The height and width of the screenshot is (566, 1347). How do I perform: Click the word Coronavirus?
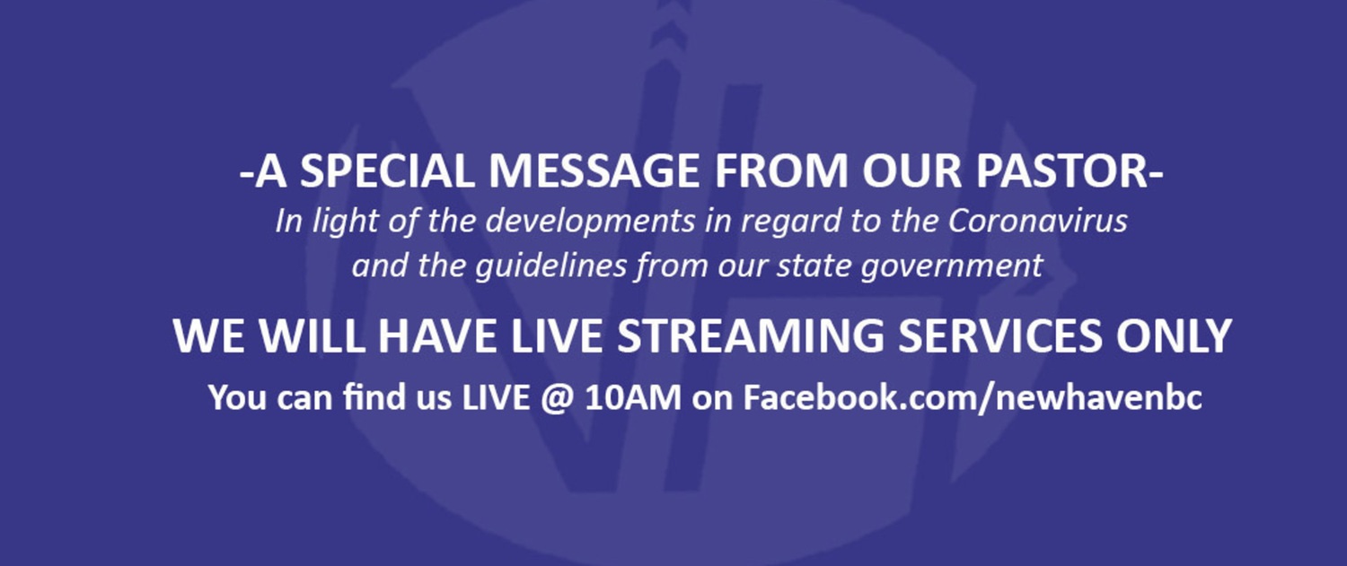coord(1037,221)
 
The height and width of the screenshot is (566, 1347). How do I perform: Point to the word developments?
coord(590,222)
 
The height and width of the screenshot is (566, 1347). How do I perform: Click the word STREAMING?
coord(751,335)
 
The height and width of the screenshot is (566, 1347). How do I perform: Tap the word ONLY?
coord(1174,335)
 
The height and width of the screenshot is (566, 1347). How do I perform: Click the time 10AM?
coord(633,397)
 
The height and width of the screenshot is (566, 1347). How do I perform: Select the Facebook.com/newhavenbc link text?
coord(973,397)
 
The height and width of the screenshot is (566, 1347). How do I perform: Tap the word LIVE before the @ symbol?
coord(496,397)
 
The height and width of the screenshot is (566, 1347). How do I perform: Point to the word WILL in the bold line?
coord(312,335)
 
